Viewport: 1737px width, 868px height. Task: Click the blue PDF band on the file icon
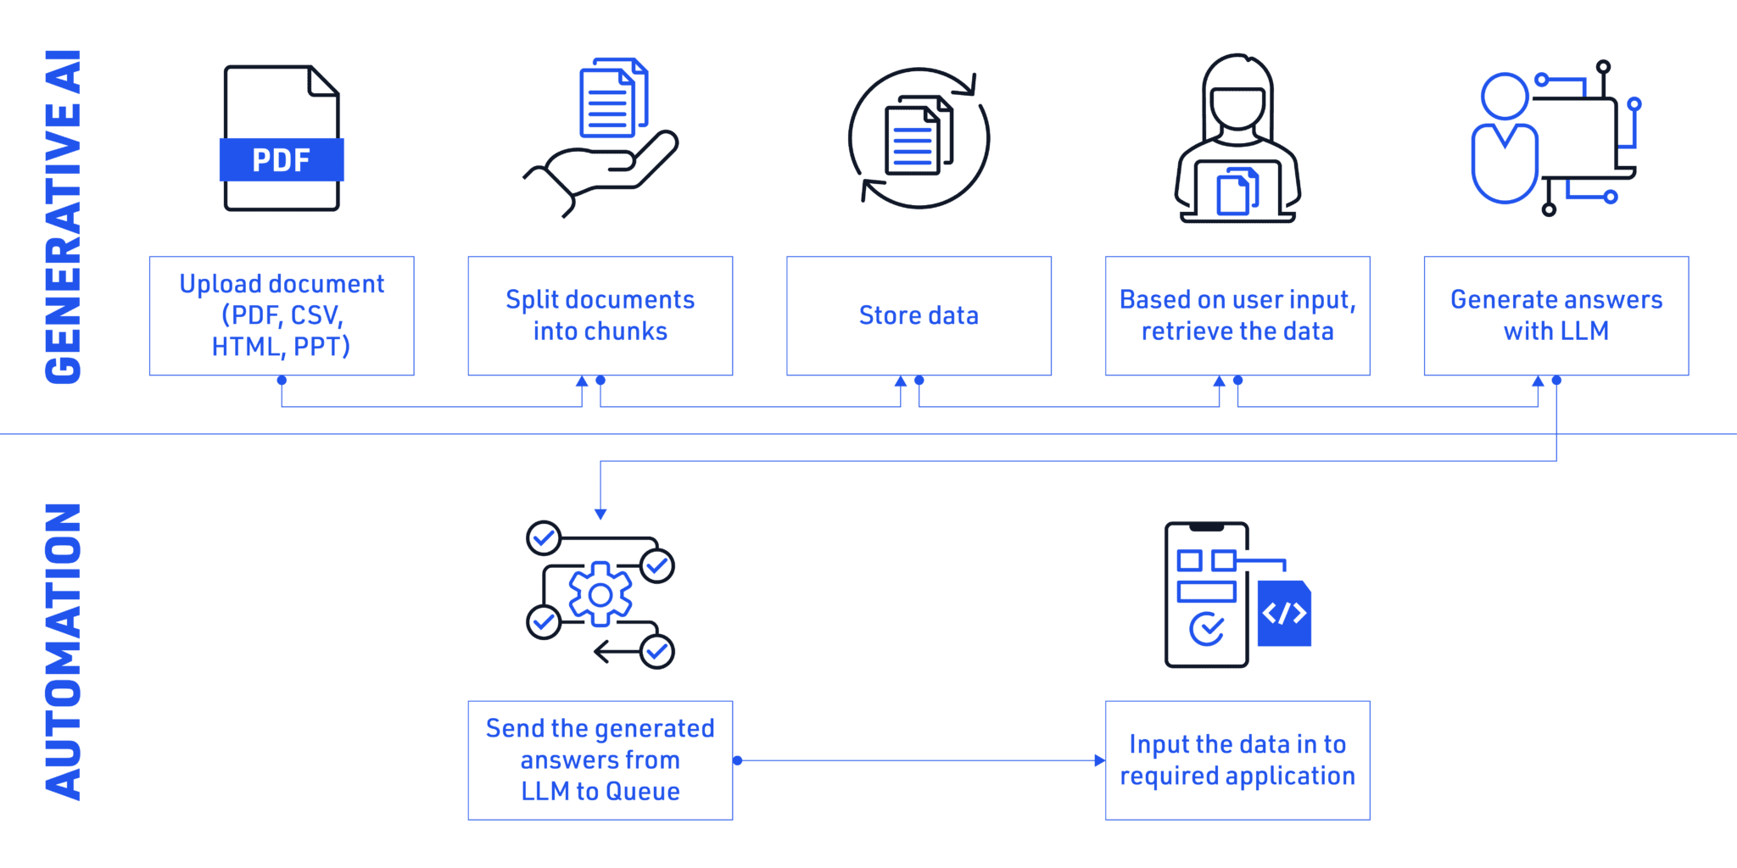point(282,159)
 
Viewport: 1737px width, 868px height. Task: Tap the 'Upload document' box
point(282,315)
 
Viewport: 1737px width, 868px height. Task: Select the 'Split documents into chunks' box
point(600,315)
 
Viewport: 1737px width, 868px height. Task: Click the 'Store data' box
point(919,315)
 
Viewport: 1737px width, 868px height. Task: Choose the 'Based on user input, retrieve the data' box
point(1237,315)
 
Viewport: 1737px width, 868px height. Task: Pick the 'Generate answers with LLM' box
point(1555,315)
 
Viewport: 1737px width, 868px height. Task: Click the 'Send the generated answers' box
point(600,760)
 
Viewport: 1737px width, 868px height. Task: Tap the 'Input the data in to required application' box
point(1237,760)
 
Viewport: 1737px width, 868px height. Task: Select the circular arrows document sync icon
point(919,138)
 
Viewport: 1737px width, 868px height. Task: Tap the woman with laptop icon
point(1237,140)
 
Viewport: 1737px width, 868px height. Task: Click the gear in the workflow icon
point(600,594)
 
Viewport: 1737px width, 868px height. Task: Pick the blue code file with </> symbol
point(1284,614)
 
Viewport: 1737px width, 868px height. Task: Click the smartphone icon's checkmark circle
point(1206,628)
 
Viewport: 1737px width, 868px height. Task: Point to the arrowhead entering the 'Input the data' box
point(1099,760)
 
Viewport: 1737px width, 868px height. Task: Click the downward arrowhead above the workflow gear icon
point(600,515)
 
